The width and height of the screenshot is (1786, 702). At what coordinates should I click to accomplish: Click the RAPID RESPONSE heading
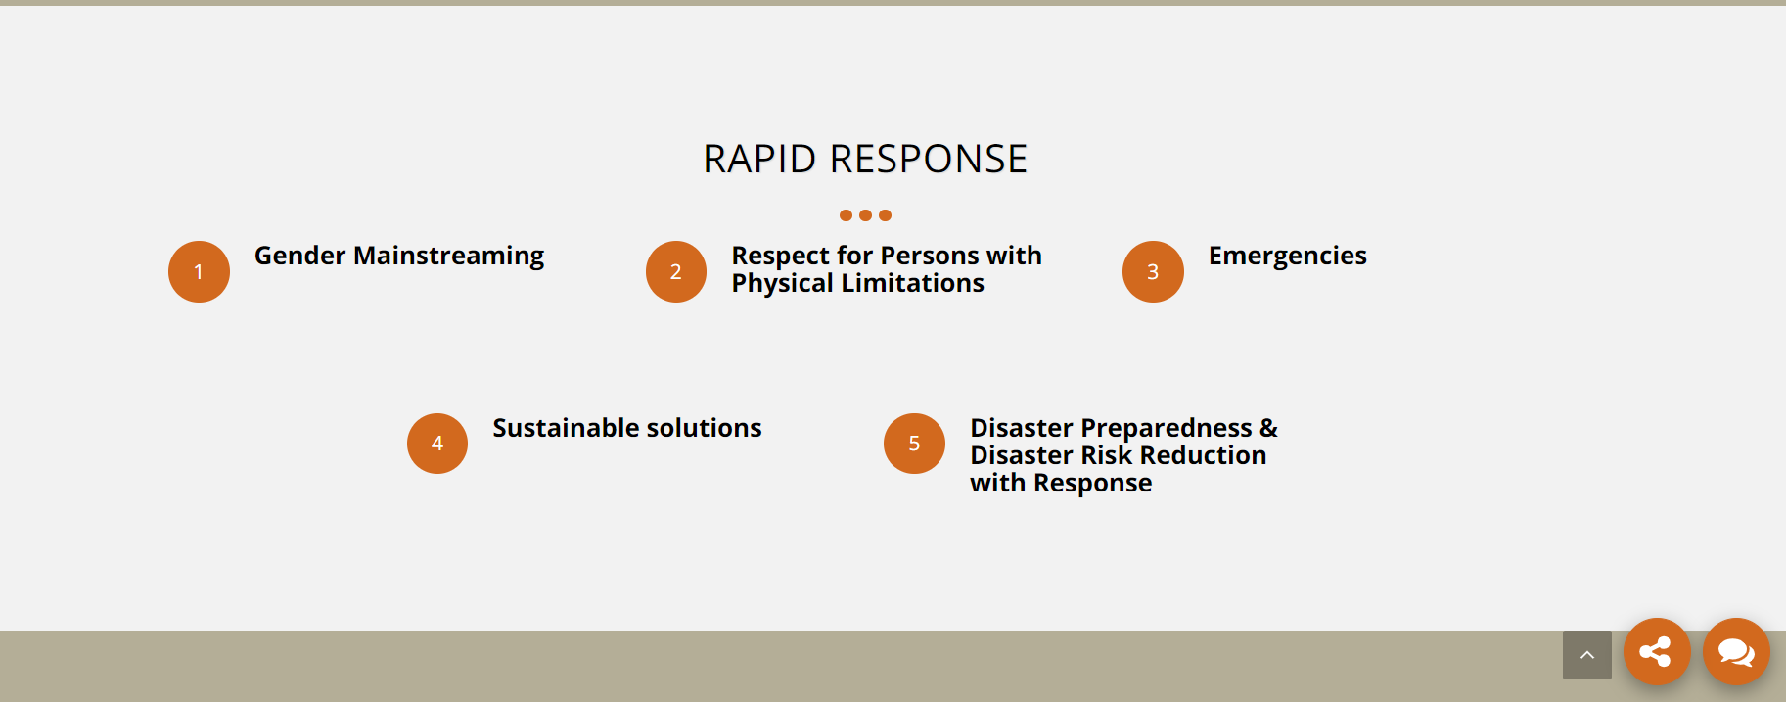coord(865,159)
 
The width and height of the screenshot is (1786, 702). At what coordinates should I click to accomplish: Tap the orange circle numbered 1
coord(199,271)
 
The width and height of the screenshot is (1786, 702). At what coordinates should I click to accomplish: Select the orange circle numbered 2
coord(676,271)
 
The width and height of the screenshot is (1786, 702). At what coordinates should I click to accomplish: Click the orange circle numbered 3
coord(1153,271)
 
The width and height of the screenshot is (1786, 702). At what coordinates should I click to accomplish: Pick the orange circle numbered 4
coord(437,444)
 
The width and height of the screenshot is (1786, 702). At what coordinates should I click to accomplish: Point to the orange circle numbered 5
coord(914,444)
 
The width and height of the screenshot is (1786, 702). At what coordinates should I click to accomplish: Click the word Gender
coord(300,256)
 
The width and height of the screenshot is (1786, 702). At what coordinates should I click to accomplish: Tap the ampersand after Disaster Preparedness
coord(1269,428)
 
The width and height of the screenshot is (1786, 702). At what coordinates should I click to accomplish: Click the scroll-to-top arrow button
coord(1587,655)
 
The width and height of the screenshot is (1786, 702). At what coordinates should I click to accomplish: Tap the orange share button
coord(1657,651)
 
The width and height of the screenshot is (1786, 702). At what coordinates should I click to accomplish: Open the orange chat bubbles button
coord(1736,651)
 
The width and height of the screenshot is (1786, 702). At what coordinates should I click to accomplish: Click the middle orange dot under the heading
coord(865,215)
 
